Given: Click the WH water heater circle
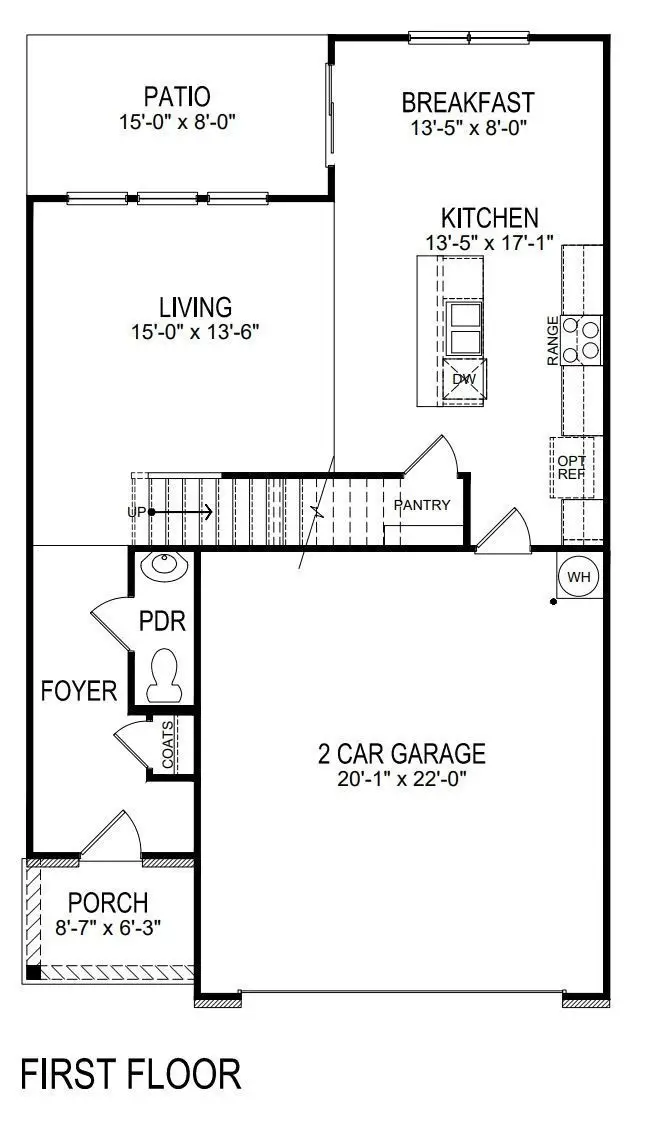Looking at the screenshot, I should (x=579, y=577).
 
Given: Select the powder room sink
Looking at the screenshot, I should (x=162, y=568).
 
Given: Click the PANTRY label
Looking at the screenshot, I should (x=422, y=505).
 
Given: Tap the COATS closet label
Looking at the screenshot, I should (x=167, y=743).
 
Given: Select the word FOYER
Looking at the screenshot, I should (x=79, y=690).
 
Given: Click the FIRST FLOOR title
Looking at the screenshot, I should (x=131, y=1074).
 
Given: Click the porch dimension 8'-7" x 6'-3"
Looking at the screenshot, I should (x=108, y=927).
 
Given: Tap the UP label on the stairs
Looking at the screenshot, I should (x=137, y=512).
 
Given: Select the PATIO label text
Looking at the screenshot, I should (x=177, y=97).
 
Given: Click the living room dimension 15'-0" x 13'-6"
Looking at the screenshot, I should (x=196, y=332).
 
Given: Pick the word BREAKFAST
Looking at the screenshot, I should (x=468, y=102).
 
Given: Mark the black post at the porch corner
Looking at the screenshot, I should (x=33, y=971).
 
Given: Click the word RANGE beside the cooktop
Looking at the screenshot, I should (x=552, y=341).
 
